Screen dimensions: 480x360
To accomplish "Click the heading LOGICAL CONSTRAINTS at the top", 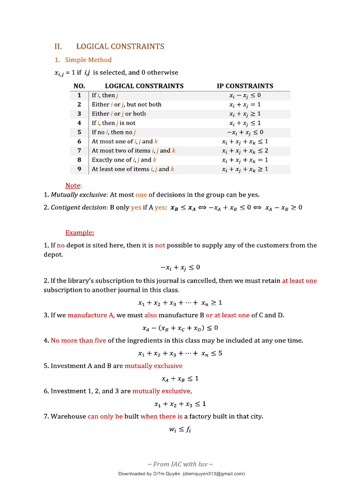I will [x=120, y=46].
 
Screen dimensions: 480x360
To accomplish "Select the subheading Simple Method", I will [x=88, y=60].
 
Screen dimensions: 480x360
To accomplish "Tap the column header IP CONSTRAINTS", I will [x=245, y=86].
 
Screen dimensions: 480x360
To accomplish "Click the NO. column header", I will [x=79, y=86].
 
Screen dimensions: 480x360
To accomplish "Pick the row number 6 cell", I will [x=79, y=141].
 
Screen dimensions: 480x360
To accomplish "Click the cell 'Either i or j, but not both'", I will [x=126, y=105].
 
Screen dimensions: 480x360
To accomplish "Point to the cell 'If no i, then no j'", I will [x=114, y=132].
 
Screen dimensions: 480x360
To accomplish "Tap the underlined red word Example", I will [x=79, y=232].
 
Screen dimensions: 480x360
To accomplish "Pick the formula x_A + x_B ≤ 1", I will [x=180, y=378].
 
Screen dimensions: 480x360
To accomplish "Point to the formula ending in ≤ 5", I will [x=180, y=353].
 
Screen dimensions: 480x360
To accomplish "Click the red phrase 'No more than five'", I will [x=78, y=340].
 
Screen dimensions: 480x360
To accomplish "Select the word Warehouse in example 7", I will [x=68, y=416].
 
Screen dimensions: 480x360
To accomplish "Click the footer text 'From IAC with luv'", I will [x=180, y=464].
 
